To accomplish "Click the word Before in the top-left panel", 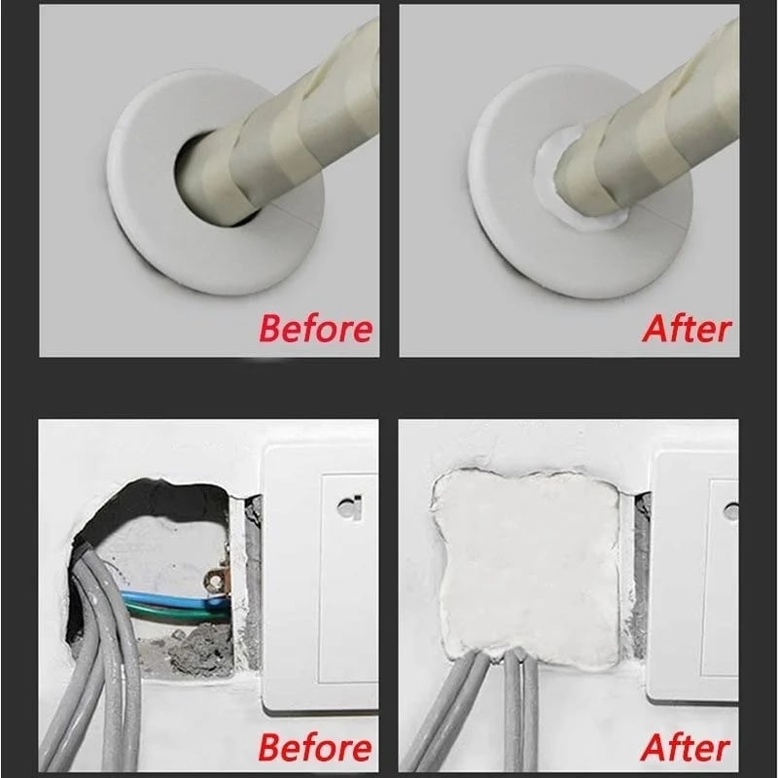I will point(315,328).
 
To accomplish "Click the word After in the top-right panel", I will point(686,328).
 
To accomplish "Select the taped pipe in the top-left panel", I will point(292,117).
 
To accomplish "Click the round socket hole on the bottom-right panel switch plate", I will point(730,510).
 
